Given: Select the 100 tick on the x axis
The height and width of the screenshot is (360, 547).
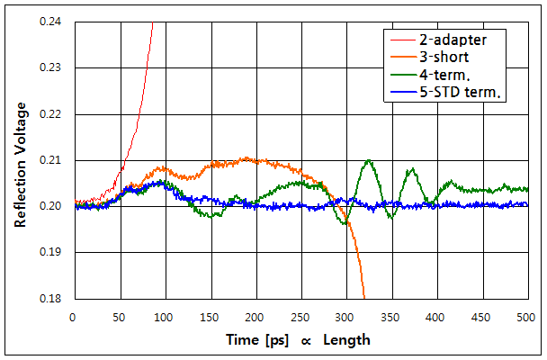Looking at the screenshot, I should click(x=164, y=318).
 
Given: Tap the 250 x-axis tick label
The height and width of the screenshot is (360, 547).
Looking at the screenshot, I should click(x=300, y=318).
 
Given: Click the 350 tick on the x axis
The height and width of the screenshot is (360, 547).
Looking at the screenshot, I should click(x=390, y=318).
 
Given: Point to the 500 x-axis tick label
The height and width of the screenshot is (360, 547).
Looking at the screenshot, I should click(x=525, y=318).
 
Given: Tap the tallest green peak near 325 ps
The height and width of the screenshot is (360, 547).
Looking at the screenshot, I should click(x=368, y=160).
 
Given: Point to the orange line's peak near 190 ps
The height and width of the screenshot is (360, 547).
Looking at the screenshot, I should click(x=246, y=159).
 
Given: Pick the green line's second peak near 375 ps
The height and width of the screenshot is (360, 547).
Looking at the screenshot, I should click(x=412, y=169).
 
